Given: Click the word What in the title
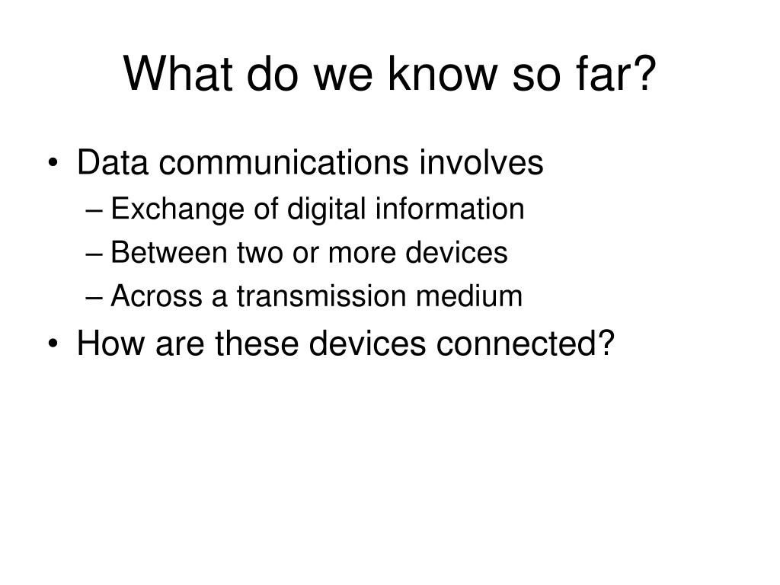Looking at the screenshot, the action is coord(177,73).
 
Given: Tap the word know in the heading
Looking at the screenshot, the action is coord(443,73).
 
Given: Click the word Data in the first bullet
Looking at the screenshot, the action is coord(113,162).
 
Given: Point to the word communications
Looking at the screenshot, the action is coord(283,162).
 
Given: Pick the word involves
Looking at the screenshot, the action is coord(481,162).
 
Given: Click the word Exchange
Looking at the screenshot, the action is coord(177,209).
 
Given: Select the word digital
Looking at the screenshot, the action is coord(326,209).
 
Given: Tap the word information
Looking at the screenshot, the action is coord(449,208).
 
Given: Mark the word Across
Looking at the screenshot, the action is coord(156,296).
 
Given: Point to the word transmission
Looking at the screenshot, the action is coord(321,296).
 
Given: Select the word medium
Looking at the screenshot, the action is coord(468,296).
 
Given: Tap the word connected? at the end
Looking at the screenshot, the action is coord(526,344).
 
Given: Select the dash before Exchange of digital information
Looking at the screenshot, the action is coord(94,211).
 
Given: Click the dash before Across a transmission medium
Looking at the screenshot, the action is coord(94,298).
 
